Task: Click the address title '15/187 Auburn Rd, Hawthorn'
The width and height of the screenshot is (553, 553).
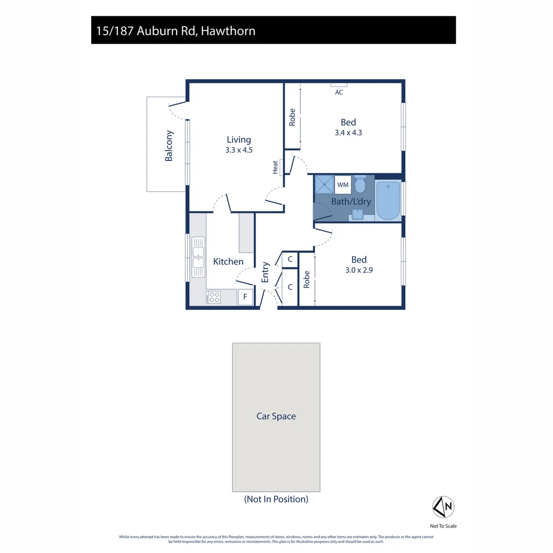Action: [x=176, y=31]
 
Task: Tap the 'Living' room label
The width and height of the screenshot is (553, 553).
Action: [x=239, y=140]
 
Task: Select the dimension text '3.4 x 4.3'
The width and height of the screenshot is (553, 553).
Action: [x=348, y=133]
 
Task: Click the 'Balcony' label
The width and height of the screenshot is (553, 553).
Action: [x=169, y=146]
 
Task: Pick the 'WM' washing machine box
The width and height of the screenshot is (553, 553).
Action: [x=343, y=184]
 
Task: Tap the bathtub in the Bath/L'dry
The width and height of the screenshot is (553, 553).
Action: [x=388, y=200]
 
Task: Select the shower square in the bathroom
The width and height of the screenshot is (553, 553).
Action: [x=324, y=184]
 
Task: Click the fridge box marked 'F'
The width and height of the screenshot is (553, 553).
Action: [x=245, y=297]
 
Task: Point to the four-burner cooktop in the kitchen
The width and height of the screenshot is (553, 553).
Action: [x=214, y=297]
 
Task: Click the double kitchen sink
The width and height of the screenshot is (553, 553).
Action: [x=198, y=258]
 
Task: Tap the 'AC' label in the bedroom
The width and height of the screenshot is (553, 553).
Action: [x=339, y=93]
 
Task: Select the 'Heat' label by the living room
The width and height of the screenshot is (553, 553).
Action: [x=275, y=167]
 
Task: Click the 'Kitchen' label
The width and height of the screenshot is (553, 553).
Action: [x=228, y=262]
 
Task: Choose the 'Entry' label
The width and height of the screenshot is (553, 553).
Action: [x=265, y=272]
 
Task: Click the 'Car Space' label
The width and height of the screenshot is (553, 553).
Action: [x=276, y=416]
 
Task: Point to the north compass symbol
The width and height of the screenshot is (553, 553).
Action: [x=443, y=507]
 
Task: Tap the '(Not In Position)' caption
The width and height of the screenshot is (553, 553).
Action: [x=276, y=499]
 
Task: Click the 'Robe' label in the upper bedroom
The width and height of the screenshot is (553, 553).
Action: [x=292, y=117]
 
